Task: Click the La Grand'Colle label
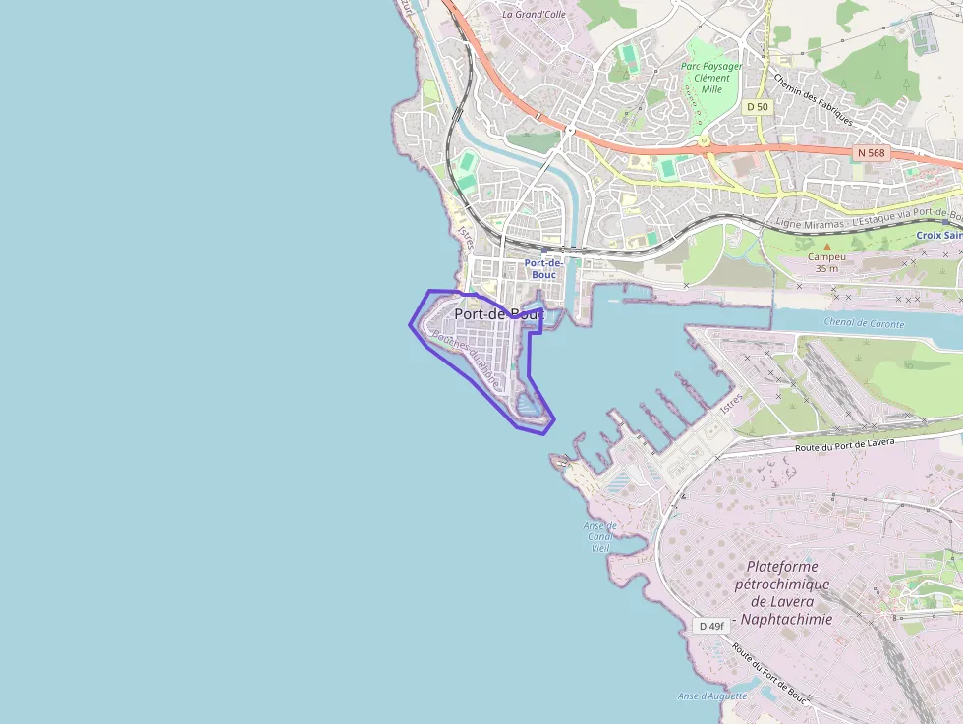tap(535, 14)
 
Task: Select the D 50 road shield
tap(757, 106)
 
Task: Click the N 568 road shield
tap(871, 152)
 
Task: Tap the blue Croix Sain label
tap(938, 236)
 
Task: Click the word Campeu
tap(826, 256)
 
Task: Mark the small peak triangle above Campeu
tap(826, 246)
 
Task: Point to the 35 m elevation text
tap(826, 268)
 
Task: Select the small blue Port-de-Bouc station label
tap(542, 269)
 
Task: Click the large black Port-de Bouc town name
tap(498, 313)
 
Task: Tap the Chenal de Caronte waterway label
tap(863, 323)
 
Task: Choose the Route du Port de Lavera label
tap(844, 445)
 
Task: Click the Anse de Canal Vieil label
tap(598, 536)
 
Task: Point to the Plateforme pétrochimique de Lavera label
tap(783, 592)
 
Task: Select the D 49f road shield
tap(710, 626)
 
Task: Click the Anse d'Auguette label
tap(711, 696)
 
